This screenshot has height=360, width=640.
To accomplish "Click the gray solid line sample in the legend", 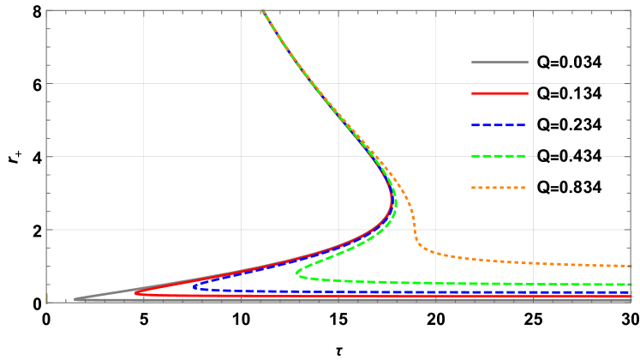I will [499, 62].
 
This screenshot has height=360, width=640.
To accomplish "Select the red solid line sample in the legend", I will [499, 93].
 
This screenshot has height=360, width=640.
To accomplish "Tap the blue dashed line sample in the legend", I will [499, 124].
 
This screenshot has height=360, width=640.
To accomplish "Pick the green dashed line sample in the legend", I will [499, 156].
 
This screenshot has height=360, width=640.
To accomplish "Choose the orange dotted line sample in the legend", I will [499, 187].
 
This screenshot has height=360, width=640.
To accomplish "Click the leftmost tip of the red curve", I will [136, 293].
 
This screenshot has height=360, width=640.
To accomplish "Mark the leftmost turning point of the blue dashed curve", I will [194, 286].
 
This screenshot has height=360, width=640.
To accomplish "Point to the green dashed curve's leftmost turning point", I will [296, 273].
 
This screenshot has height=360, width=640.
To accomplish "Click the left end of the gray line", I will [75, 299].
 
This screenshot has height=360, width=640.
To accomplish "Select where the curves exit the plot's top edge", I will [262, 11].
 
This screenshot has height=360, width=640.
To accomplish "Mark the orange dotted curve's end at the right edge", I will [631, 266].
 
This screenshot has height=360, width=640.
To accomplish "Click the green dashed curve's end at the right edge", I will [631, 285].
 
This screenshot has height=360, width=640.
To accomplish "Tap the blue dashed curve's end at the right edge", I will [631, 292].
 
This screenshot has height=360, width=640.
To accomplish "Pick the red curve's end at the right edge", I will [631, 297].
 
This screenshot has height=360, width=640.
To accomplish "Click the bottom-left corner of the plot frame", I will [46, 303].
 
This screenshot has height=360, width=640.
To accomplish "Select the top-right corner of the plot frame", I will [631, 10].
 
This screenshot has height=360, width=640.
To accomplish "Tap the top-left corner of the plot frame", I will [46, 10].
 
